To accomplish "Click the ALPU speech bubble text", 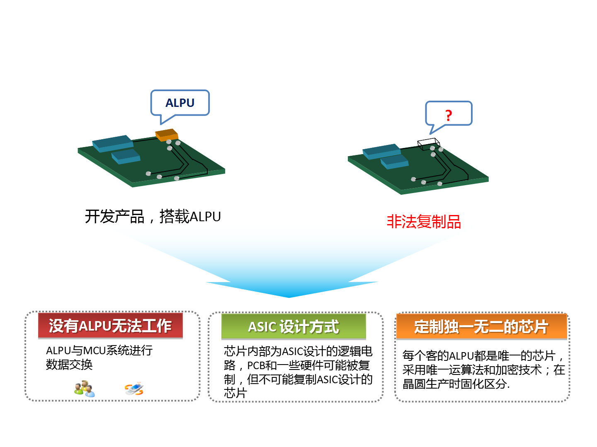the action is coord(180,103).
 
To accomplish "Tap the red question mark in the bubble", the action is coord(449,116).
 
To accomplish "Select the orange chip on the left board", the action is coord(167,135).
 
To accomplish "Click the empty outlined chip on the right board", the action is coord(428,144).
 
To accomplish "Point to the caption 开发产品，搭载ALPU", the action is coord(153,217).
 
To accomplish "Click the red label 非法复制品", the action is coord(424,222).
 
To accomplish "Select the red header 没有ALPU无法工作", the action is coord(110,326).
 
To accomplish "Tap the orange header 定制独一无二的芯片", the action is coord(481,326).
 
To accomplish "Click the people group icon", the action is coord(85,389).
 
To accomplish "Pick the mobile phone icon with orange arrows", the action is coord(134,389).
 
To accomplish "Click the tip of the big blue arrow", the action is coord(289,297).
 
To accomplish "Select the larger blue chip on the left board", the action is coord(113,143).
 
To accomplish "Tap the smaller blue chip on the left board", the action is coord(126,156).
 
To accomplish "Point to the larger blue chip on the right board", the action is coord(381,151).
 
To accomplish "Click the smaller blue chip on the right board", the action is coord(394,162).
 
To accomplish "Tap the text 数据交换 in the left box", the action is coord(69,365).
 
